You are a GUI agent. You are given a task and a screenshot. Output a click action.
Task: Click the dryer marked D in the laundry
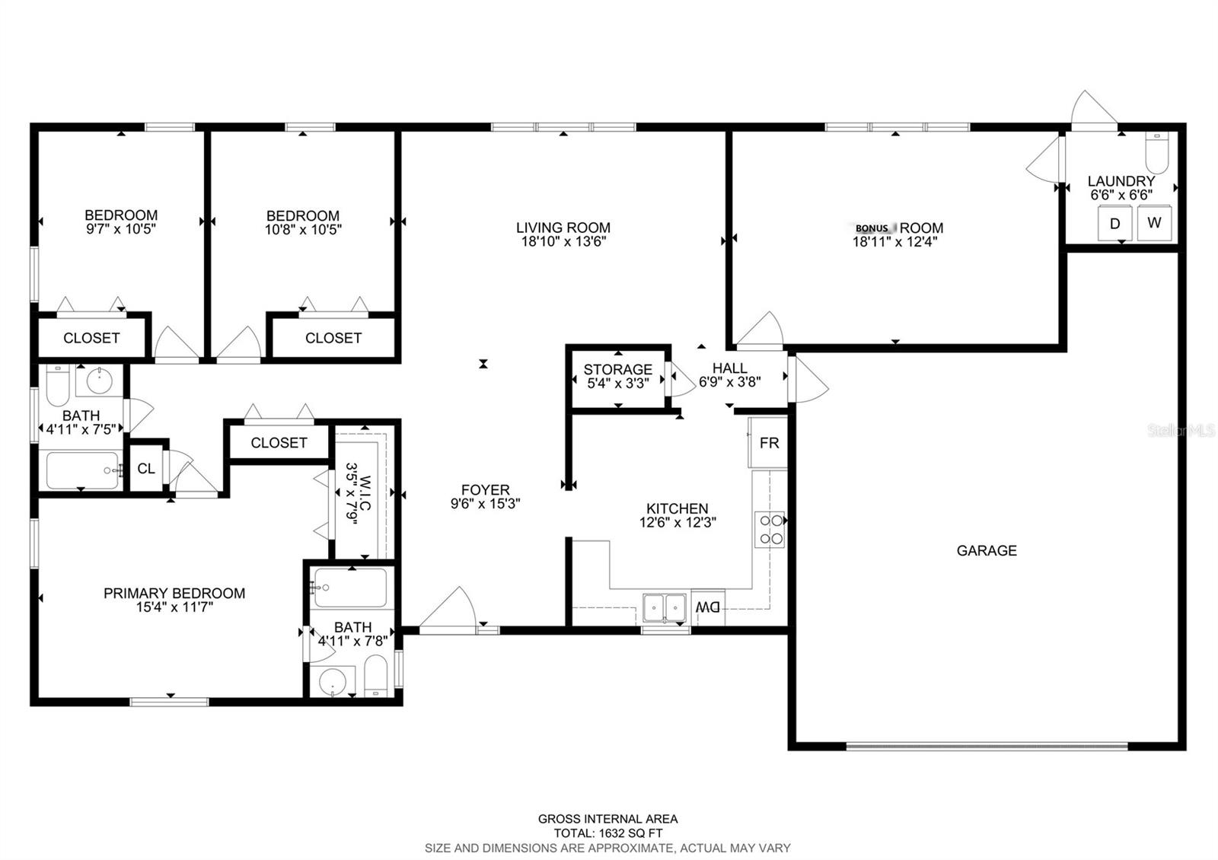pos(1114,222)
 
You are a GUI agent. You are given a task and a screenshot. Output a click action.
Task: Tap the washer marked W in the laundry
pos(1154,222)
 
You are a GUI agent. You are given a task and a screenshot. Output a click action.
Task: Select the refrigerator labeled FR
pos(768,442)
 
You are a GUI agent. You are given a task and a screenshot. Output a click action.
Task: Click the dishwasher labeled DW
pos(708,607)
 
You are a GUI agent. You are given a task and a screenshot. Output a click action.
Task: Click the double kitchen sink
pos(664,607)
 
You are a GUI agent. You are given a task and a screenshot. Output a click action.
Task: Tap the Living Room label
pos(563,228)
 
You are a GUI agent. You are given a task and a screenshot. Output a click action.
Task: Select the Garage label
pos(987,551)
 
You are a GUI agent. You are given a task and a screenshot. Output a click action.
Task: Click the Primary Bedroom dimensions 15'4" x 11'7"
pos(174,607)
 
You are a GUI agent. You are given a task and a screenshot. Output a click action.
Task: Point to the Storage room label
pos(617,370)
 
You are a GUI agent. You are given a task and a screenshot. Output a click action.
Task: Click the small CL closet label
pos(145,469)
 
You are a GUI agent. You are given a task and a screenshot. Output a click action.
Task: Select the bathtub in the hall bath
pos(83,470)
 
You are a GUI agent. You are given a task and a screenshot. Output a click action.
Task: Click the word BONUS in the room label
pos(872,228)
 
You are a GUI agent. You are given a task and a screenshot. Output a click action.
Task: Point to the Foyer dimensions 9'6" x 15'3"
pos(485,504)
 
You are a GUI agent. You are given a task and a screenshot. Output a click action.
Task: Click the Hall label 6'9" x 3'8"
pos(730,375)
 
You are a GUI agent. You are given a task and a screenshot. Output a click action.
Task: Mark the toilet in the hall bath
pos(58,385)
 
